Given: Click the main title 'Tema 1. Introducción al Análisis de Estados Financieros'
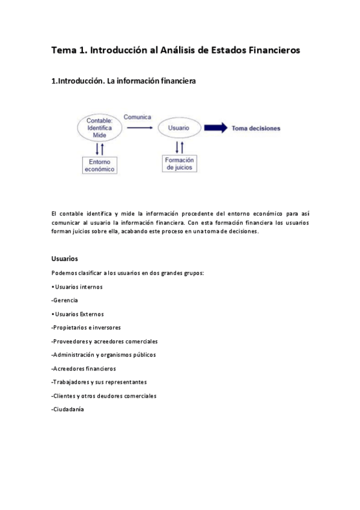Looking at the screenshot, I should [x=175, y=50].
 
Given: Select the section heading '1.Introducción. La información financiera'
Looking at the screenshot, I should [x=124, y=80].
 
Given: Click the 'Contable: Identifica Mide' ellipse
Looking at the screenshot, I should [x=100, y=127].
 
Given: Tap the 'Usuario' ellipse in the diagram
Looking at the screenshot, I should [x=178, y=128].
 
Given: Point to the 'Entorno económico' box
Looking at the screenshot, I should [x=99, y=165].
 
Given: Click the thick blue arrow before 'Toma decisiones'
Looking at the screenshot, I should [x=215, y=128].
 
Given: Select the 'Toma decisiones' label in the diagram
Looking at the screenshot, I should [x=256, y=128].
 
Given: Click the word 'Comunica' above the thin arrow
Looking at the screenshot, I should [x=138, y=117].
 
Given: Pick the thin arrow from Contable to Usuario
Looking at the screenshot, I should [x=139, y=127].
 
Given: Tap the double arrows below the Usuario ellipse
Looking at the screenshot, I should [x=179, y=146].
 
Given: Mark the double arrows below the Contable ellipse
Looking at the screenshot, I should [x=100, y=148].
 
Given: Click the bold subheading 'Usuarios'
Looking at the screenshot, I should [x=65, y=259].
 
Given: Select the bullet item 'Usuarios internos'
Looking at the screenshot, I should [x=78, y=286].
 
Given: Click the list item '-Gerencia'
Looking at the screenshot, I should [x=65, y=300].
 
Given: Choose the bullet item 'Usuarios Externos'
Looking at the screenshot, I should [x=79, y=314].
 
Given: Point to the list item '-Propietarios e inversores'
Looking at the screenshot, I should [x=87, y=328].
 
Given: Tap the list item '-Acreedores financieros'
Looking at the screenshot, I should [x=84, y=369].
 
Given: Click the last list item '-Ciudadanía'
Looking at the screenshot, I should [x=68, y=410].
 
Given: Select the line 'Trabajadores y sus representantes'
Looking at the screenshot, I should [x=99, y=382].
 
